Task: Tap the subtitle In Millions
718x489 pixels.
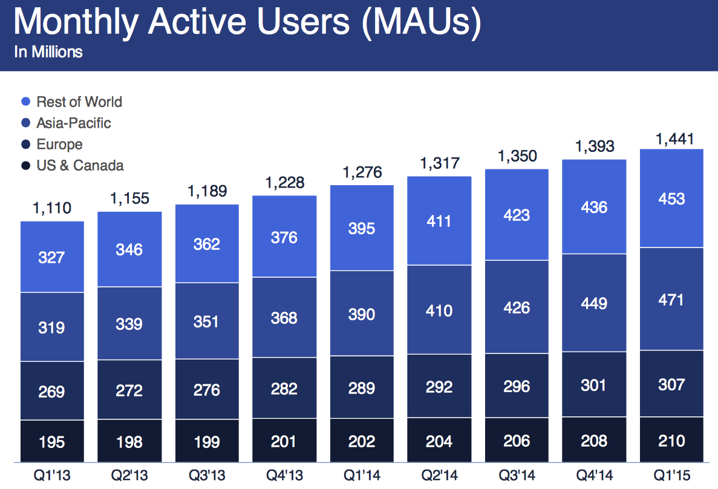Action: pos(48,52)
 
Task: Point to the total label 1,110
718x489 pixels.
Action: pos(51,209)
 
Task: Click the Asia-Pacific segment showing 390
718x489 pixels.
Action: pos(361,314)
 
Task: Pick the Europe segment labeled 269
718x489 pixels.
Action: pos(51,392)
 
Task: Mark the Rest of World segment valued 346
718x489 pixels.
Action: pos(129,249)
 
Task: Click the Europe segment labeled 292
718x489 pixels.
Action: pos(439,387)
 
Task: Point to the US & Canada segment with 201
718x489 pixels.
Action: pos(284,441)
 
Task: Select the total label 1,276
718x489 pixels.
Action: pos(361,172)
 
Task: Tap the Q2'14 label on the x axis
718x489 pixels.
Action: pos(439,476)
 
